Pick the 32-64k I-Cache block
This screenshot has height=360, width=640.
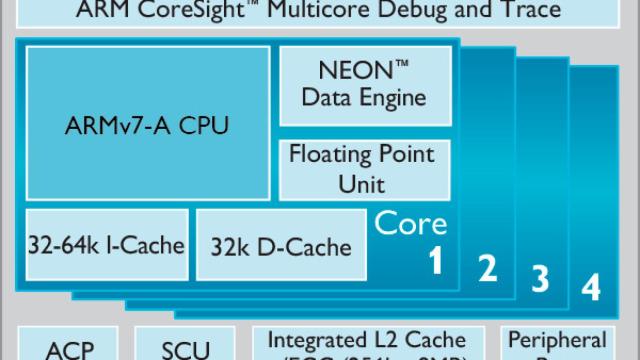click(x=104, y=244)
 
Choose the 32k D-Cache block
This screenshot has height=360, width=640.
click(x=281, y=244)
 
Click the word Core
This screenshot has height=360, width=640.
click(x=410, y=222)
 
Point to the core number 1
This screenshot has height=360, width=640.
click(x=435, y=261)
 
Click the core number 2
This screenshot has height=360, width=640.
click(x=486, y=268)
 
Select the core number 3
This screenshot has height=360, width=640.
click(x=539, y=279)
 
